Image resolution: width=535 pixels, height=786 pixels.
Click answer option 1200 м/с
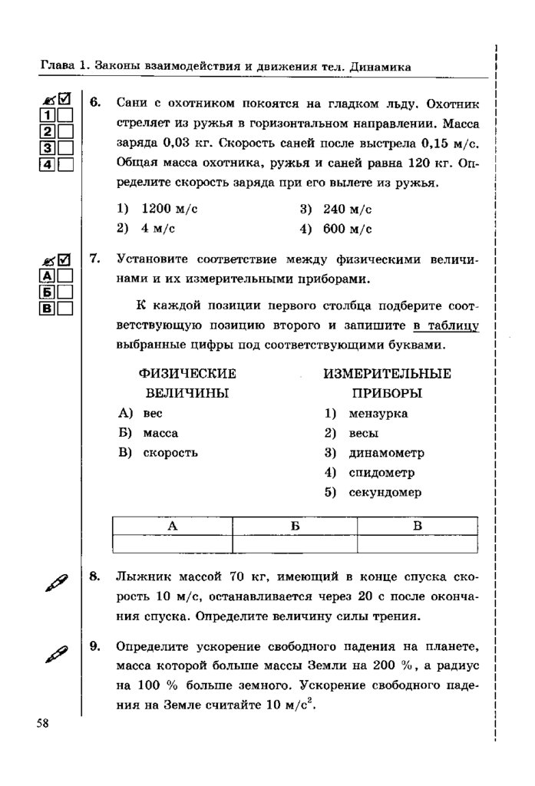tap(164, 209)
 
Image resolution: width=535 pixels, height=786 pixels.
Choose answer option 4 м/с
tap(152, 228)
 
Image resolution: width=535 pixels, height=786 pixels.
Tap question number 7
tap(95, 259)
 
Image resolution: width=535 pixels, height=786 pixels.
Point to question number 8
tap(95, 575)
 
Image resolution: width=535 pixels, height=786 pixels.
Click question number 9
tap(95, 646)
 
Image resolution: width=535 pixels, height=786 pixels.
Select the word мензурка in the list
tap(378, 414)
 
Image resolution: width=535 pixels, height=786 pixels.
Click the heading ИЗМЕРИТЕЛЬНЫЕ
tap(387, 374)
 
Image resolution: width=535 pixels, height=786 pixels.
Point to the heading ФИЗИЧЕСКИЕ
tap(187, 374)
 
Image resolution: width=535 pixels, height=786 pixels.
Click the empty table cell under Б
tap(295, 543)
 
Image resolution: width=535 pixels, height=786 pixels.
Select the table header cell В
tap(418, 526)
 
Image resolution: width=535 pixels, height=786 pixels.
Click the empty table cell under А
tap(172, 543)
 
